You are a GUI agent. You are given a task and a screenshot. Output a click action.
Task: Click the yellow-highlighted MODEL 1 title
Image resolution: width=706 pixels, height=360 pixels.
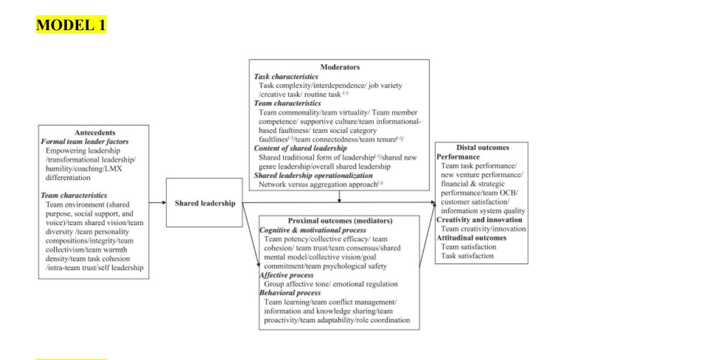[x=71, y=24]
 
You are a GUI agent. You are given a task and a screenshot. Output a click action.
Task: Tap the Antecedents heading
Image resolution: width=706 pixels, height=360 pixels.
[x=93, y=132]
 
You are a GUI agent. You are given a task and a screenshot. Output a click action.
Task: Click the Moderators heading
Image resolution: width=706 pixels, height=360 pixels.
[x=339, y=67]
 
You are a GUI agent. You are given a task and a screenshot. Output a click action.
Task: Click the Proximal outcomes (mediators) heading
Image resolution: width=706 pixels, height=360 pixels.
[x=339, y=220]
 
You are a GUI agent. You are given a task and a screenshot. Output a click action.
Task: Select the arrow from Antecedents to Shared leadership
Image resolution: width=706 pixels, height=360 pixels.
[x=158, y=202]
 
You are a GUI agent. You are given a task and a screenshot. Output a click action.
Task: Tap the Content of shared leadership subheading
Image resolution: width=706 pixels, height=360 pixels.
[x=297, y=148]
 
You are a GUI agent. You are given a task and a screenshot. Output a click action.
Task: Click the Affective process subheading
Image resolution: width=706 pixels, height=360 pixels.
[x=287, y=275]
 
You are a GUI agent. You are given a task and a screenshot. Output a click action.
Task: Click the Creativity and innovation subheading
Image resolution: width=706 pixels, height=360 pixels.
[x=479, y=220]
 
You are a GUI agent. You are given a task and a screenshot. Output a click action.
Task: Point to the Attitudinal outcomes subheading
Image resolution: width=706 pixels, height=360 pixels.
[x=471, y=238]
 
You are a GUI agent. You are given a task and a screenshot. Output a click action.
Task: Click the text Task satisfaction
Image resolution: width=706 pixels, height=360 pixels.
[x=468, y=256]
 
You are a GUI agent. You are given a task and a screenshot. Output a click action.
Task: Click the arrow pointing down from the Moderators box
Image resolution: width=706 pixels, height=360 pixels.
[x=339, y=196]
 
